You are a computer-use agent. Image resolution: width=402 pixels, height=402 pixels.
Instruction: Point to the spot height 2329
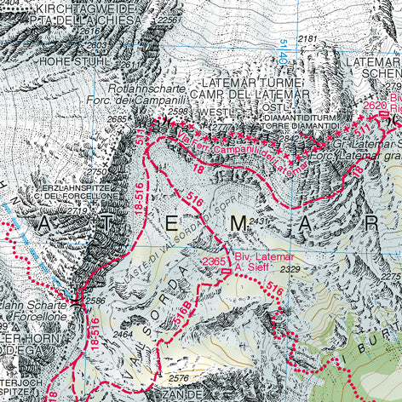point(290,270)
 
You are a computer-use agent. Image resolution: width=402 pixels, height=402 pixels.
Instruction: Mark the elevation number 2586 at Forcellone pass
point(95,301)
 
